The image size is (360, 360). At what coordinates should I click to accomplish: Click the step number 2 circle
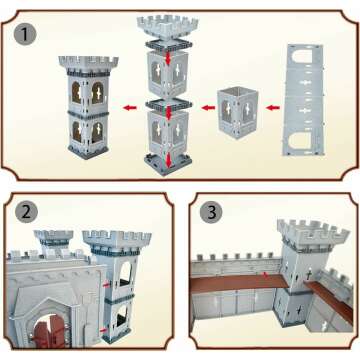26,214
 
